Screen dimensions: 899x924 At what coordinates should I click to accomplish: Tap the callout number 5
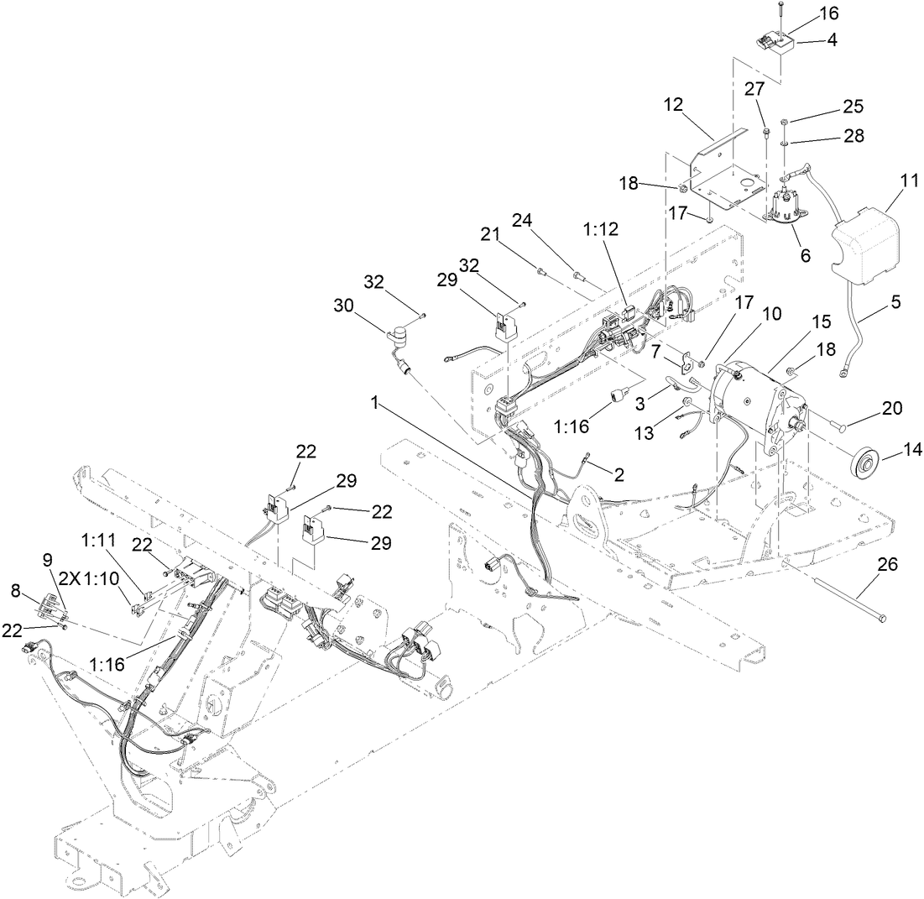(x=895, y=301)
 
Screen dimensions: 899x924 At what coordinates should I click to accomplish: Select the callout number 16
(x=805, y=14)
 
